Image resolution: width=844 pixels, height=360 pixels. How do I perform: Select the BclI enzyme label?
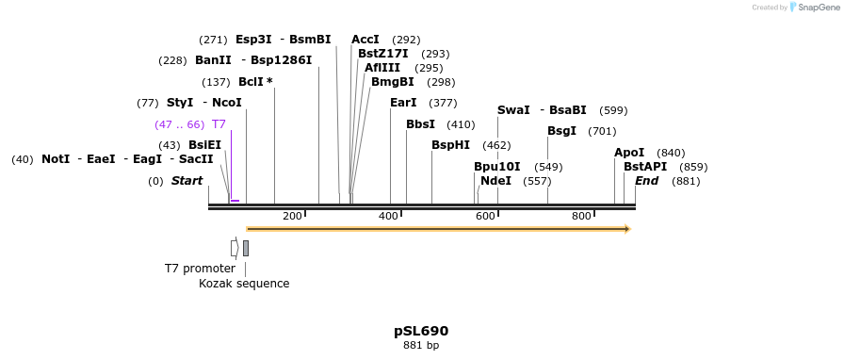252,82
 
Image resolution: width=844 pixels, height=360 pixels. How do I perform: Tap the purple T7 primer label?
219,124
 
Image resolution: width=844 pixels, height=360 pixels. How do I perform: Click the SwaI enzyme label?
513,110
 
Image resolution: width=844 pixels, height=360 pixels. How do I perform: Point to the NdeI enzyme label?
495,181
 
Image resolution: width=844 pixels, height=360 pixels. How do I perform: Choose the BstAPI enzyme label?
645,167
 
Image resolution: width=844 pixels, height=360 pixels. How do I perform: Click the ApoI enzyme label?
629,153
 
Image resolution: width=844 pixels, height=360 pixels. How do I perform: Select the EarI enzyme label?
403,103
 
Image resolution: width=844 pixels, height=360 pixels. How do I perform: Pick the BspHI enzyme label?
450,145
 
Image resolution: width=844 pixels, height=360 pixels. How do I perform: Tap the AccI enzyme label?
365,40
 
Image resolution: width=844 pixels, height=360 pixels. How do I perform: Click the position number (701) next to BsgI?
603,131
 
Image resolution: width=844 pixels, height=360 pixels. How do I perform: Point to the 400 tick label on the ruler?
388,217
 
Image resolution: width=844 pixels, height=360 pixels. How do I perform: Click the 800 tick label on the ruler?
581,217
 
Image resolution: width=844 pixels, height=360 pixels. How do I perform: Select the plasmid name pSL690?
421,331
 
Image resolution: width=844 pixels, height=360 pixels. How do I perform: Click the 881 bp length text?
421,346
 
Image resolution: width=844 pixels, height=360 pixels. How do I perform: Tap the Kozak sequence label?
244,284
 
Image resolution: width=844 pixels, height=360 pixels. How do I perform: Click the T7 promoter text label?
200,269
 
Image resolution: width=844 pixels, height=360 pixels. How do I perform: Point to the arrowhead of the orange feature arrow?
627,229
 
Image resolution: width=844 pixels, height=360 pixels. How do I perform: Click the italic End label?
646,181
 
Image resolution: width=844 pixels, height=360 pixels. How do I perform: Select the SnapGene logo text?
818,8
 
